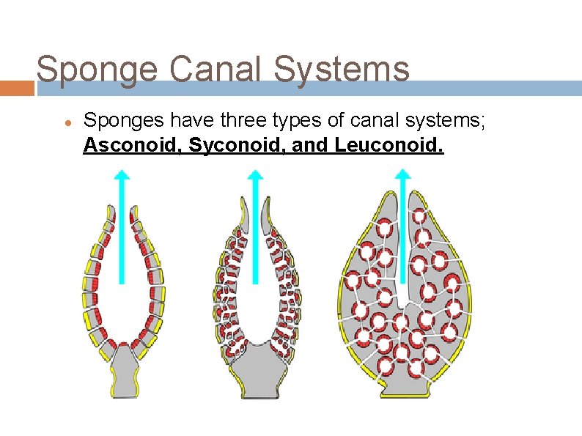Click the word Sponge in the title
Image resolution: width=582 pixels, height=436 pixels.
(x=96, y=70)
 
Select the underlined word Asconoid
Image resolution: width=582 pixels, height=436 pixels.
(x=132, y=146)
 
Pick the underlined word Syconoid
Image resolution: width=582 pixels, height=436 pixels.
(x=236, y=146)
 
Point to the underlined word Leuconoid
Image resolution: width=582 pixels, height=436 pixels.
(x=388, y=146)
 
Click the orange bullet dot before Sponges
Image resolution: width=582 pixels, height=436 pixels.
(x=65, y=122)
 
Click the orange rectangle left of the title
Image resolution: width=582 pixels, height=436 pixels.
(x=17, y=88)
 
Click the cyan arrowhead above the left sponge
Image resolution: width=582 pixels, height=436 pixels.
(x=122, y=176)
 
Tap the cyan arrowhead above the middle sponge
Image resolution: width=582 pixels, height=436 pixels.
(x=254, y=176)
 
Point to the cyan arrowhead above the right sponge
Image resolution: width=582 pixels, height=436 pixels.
(x=402, y=176)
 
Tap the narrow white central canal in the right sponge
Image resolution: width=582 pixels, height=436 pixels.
(x=402, y=293)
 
